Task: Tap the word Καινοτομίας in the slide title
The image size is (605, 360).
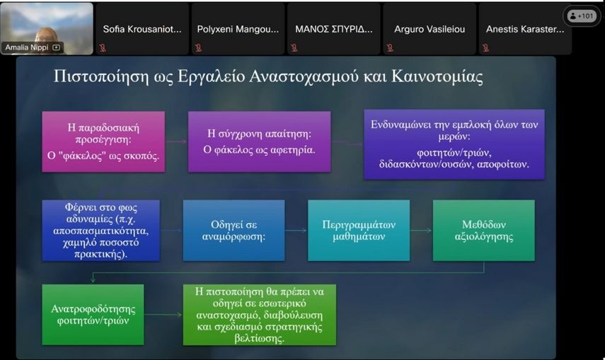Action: point(437,76)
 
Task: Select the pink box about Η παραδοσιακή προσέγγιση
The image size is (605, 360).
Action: point(103,141)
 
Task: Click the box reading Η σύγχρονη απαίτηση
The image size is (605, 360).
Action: point(259,141)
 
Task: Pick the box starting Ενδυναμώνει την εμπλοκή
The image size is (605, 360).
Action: point(454,144)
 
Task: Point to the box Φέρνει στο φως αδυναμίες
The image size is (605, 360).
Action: point(100,231)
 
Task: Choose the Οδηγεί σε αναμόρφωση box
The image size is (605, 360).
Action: point(234,231)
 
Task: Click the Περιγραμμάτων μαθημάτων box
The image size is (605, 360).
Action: point(359,231)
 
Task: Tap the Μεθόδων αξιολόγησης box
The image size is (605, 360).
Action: point(484,231)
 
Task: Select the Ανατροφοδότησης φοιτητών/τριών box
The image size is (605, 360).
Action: point(93,315)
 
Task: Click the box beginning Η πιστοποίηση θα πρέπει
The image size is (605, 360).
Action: point(260,315)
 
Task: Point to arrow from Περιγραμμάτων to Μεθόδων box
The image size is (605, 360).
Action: point(421,231)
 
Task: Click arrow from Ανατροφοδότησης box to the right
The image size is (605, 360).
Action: point(163,315)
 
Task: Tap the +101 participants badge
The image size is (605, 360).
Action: point(582,16)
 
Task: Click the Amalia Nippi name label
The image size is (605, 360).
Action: point(27,47)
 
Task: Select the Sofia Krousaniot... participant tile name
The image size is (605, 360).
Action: point(142,29)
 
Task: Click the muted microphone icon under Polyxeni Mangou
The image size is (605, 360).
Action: point(198,47)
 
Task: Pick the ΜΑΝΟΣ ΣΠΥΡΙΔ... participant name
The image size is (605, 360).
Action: point(334,29)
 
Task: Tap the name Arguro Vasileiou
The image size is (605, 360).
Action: point(430,29)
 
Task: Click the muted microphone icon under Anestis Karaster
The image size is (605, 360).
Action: point(485,47)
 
